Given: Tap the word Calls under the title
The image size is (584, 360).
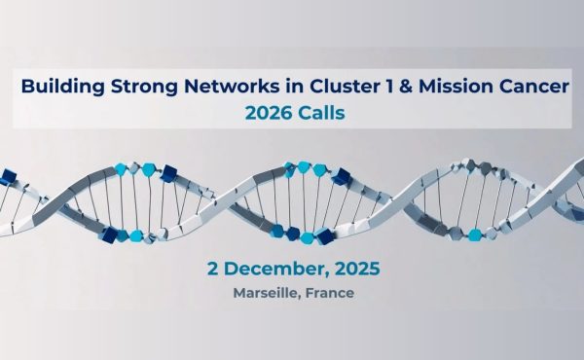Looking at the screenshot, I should point(321,113).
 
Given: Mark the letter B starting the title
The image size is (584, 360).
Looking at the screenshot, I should point(27,87).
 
